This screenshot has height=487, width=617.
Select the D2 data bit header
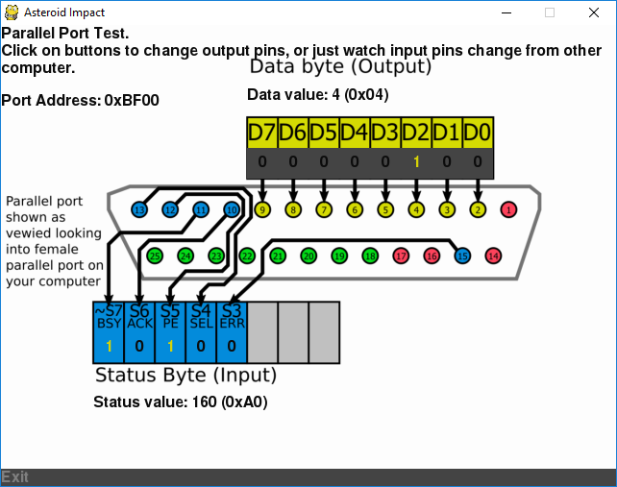point(416,133)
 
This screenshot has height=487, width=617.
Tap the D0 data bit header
point(478,133)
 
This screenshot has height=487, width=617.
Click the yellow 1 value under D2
point(416,162)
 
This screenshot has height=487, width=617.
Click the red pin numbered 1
point(508,208)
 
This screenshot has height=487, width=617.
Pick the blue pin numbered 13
point(139,208)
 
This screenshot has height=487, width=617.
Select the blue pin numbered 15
point(462,256)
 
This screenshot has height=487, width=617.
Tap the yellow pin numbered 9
point(262,208)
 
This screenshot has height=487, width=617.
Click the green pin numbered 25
point(155,256)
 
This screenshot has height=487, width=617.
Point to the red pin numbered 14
point(493,256)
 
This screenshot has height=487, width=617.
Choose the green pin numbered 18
point(370,256)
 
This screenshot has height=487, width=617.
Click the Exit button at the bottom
point(15,477)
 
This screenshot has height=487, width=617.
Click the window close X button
point(594,12)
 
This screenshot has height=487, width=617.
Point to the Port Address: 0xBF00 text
point(81,100)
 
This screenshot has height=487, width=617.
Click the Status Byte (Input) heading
point(185,375)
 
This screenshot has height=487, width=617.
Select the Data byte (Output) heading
point(340,66)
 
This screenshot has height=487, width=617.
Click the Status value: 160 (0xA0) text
point(180,402)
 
